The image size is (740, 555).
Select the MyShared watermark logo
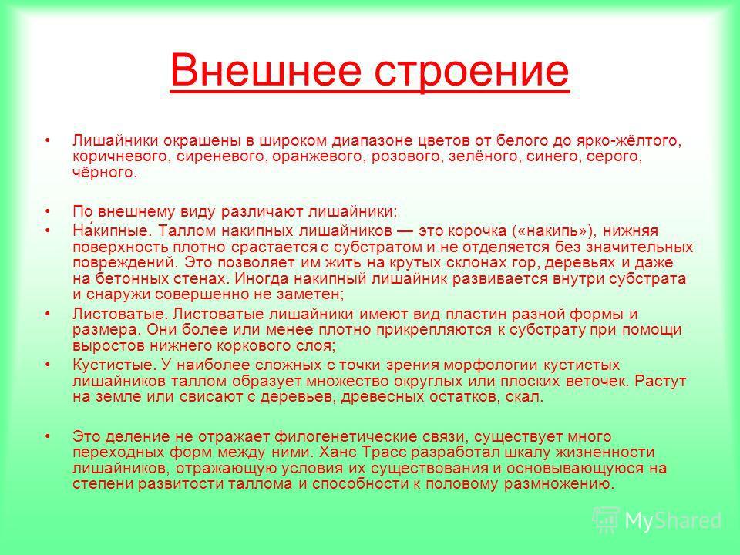click(657, 520)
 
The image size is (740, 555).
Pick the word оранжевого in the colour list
click(319, 157)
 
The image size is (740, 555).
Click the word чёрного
click(104, 172)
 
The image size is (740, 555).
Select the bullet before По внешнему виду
click(48, 211)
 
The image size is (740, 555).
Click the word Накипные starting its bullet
click(113, 230)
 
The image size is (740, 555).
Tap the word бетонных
click(133, 278)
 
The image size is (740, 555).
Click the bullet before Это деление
click(48, 436)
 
